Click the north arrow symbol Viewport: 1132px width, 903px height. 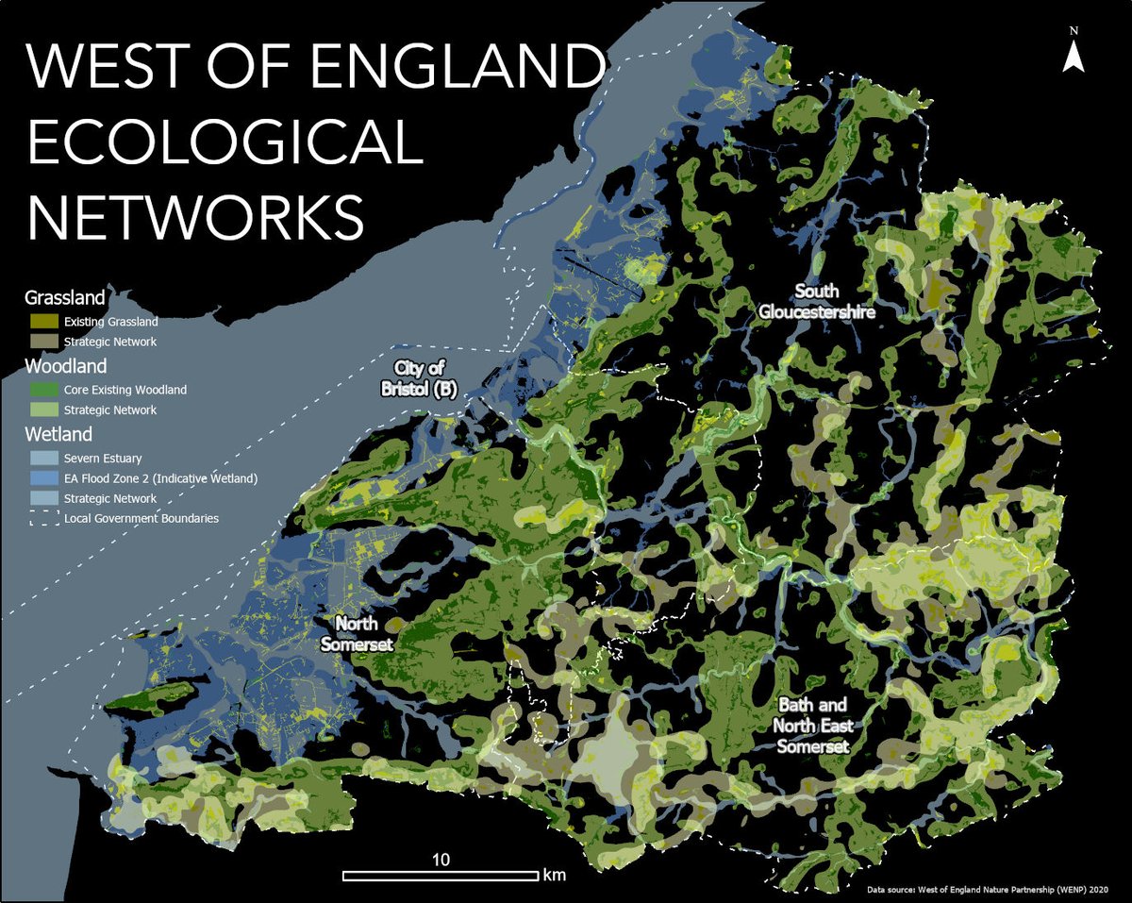(x=1073, y=52)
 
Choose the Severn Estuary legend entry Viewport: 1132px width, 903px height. (x=103, y=459)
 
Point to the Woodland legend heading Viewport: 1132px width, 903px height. (x=65, y=366)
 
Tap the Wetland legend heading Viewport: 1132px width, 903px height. (x=58, y=435)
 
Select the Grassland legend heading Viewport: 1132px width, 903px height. (x=64, y=298)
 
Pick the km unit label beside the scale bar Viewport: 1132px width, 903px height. (x=554, y=875)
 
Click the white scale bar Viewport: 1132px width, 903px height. (x=440, y=876)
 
